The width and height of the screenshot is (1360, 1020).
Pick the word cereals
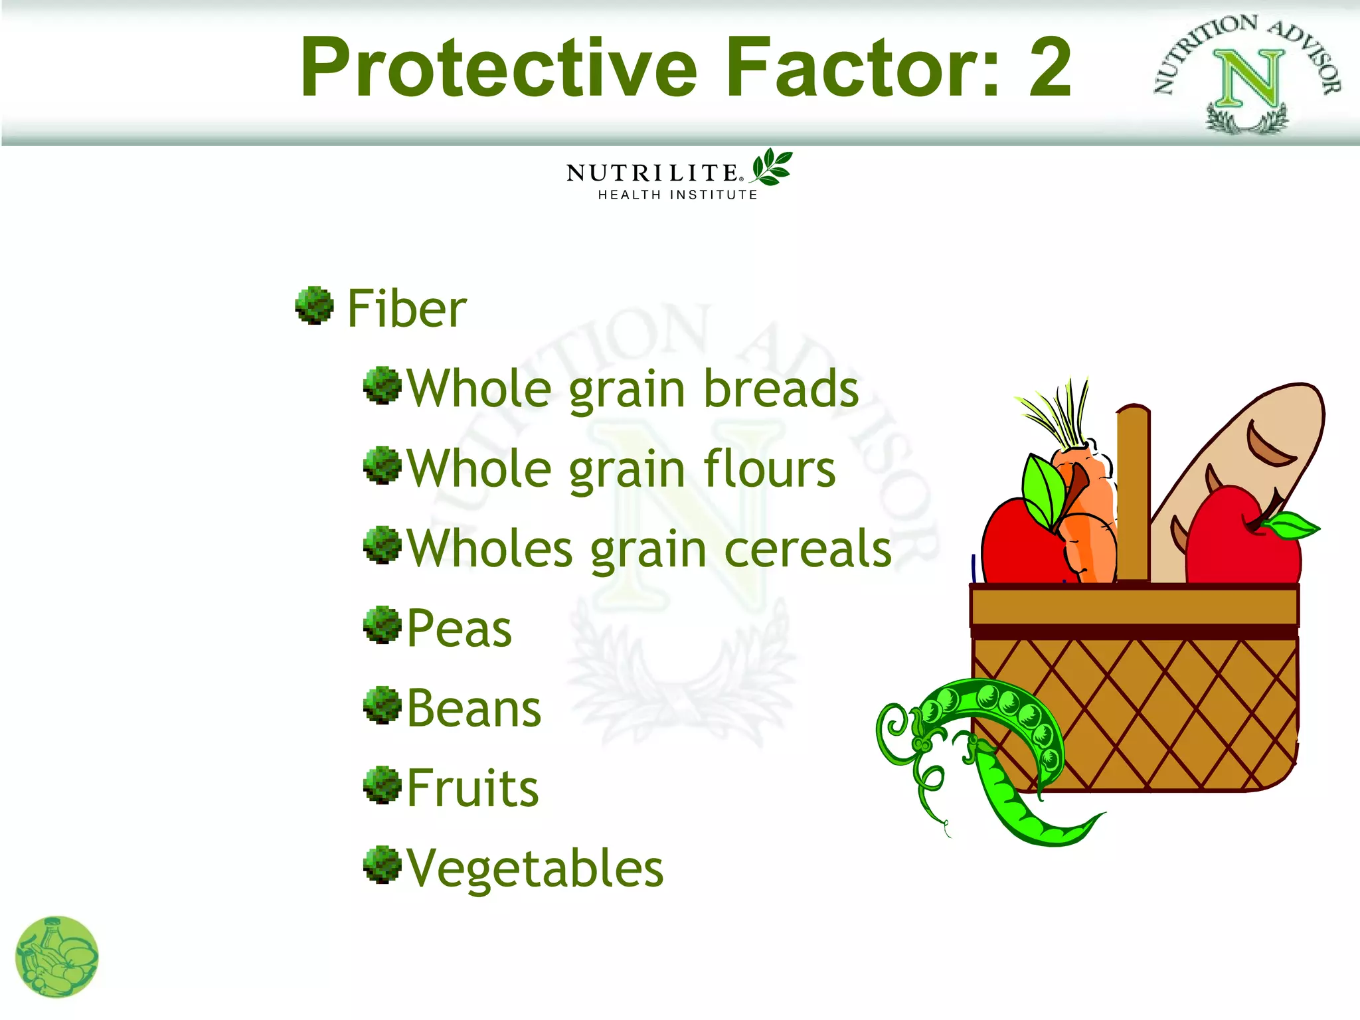coord(807,549)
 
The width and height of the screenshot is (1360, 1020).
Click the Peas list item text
coord(459,629)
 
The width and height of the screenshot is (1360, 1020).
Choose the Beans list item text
coord(473,709)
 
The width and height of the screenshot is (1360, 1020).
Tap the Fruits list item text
coord(472,788)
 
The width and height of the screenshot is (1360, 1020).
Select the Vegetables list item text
coord(535,869)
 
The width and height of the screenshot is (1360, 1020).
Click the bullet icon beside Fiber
coord(314,305)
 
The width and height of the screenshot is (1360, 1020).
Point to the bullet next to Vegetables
coord(382,865)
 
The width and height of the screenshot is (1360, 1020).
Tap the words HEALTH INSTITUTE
coord(677,195)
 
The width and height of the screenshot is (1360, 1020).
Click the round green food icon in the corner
coord(56,957)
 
